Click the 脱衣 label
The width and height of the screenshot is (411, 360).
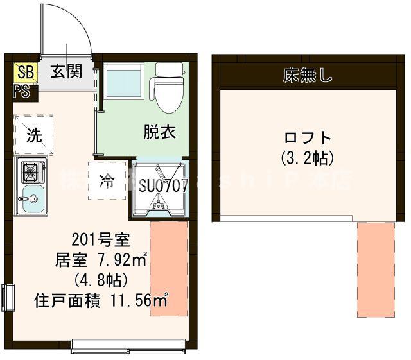click(159, 132)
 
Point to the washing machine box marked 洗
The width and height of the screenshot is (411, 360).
click(33, 135)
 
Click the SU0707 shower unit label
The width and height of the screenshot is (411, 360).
click(163, 186)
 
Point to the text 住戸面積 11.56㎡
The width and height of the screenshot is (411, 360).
click(101, 300)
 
